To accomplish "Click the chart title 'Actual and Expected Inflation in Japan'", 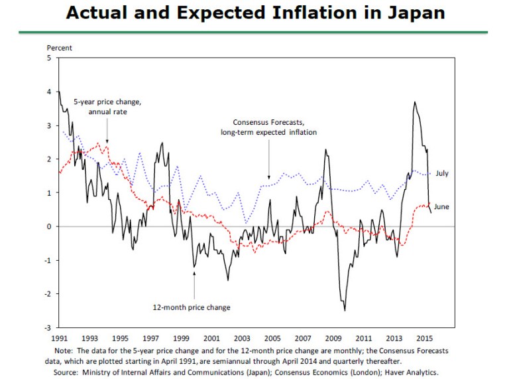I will click(x=255, y=13).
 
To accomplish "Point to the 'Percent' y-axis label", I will click(x=60, y=48).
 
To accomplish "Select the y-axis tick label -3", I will click(x=48, y=328).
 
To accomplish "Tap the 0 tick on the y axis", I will click(x=50, y=226).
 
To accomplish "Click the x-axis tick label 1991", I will click(x=59, y=338).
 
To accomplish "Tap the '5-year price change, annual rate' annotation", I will click(x=109, y=107).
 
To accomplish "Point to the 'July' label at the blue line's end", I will click(x=442, y=173).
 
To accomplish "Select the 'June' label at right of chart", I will click(x=442, y=207).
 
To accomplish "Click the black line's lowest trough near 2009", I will click(x=345, y=310).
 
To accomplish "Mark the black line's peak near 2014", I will click(x=414, y=102).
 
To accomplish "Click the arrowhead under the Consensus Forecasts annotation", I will click(x=268, y=177).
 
